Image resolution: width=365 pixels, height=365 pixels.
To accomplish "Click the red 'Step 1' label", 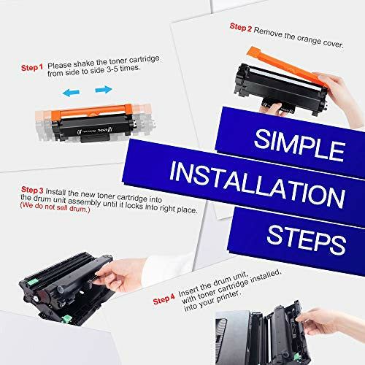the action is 32,67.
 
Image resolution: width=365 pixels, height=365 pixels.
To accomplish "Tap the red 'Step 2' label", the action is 241,27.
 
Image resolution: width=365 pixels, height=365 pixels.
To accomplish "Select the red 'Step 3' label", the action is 32,190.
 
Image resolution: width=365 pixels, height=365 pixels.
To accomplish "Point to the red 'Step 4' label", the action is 164,299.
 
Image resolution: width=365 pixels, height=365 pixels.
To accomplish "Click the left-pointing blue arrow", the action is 71,93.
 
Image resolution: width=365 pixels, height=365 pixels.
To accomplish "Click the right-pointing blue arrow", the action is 104,89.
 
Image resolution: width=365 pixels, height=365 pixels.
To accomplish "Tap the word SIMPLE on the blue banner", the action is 299,145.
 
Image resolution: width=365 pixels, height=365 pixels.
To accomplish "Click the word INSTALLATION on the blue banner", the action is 257,185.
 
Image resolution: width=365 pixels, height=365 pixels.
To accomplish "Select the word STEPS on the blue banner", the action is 306,239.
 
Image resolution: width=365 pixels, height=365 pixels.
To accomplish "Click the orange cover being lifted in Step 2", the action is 287,66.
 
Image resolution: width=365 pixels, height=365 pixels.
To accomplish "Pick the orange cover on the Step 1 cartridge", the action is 91,111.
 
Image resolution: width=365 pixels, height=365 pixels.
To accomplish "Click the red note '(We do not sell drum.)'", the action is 55,207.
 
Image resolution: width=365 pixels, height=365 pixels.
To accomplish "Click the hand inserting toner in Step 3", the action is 120,275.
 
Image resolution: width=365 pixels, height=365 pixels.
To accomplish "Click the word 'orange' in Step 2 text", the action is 309,39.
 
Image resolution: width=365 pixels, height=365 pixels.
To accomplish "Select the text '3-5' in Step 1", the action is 113,69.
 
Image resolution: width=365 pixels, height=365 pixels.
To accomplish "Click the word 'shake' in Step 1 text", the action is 84,64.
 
